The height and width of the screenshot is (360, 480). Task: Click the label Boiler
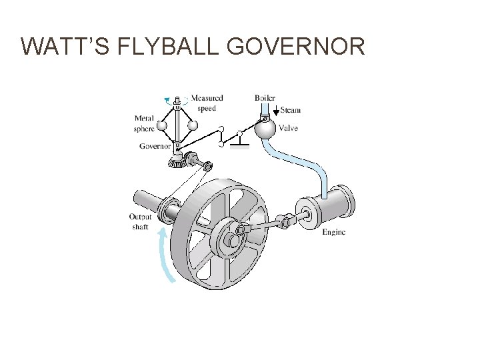[265, 98]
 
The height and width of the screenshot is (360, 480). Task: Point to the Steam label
[291, 110]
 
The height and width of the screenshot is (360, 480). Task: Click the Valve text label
[289, 128]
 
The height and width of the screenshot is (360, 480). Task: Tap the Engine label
[333, 232]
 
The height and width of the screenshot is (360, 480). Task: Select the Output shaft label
[141, 221]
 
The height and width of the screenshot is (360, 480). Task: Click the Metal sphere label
[145, 123]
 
